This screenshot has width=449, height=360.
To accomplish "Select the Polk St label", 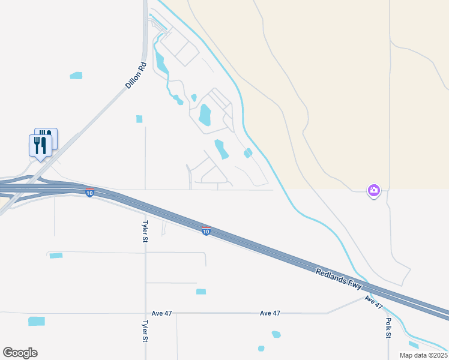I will tap(388, 328).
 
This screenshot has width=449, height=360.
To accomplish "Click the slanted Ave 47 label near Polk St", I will tap(373, 301).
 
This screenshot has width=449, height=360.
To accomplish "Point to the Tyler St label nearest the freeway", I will tap(145, 231).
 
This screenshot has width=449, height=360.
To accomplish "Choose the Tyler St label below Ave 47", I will tap(145, 331).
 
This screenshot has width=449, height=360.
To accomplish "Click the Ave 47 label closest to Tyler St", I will tap(162, 313).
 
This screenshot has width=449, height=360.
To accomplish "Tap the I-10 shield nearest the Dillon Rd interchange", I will tap(89, 193).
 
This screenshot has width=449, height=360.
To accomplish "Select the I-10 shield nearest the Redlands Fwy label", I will tap(206, 231).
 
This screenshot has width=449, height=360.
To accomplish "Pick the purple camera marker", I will tap(374, 190).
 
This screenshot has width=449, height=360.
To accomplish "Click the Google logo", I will tap(20, 353).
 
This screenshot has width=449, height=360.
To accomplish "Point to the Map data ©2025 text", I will tap(423, 355).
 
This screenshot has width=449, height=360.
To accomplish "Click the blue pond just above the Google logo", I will tap(37, 321).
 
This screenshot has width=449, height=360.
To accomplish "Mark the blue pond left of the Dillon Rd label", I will tap(76, 76).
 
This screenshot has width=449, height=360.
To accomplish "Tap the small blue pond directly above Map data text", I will tap(414, 344).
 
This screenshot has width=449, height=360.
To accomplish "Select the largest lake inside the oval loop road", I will tap(205, 114).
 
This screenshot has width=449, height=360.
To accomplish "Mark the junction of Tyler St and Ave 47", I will tap(145, 313).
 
